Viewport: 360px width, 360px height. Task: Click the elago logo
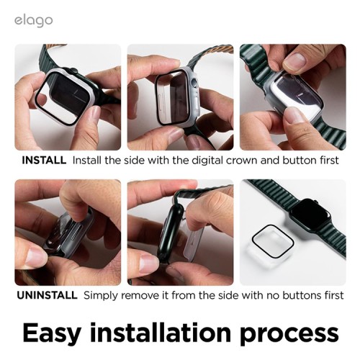tap(33, 20)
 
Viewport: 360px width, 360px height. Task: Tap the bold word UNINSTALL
tap(46, 295)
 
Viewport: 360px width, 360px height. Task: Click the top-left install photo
tap(68, 96)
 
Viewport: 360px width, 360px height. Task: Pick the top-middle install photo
tap(180, 96)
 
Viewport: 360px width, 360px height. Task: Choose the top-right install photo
tap(292, 96)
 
